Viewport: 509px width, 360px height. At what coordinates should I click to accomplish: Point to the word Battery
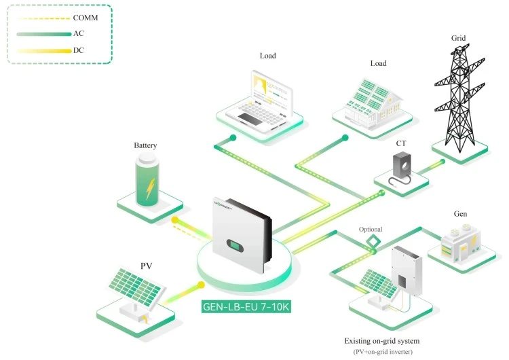(146, 145)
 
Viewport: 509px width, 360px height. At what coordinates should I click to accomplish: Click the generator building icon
(461, 245)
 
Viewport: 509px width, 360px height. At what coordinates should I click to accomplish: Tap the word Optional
(371, 230)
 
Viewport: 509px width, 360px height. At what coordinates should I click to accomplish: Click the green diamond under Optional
(372, 242)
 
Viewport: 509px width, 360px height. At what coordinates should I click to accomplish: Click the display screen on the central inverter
(234, 243)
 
